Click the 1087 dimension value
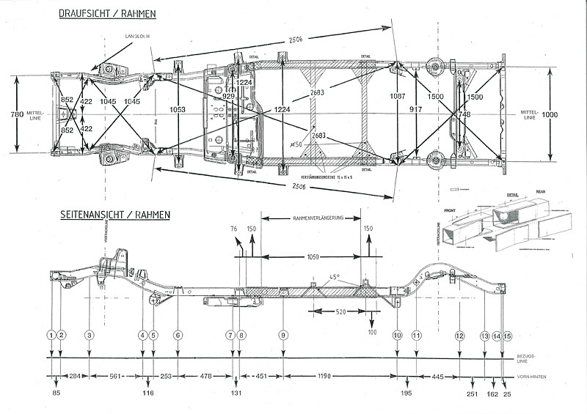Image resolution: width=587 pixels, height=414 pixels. (x=397, y=96)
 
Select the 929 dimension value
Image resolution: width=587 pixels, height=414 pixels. (x=228, y=96)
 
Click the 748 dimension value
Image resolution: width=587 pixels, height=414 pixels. (x=464, y=114)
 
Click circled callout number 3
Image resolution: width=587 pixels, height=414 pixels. (x=89, y=335)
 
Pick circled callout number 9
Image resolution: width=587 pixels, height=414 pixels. (x=282, y=335)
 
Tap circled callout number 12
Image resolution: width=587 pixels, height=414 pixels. (x=459, y=335)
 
